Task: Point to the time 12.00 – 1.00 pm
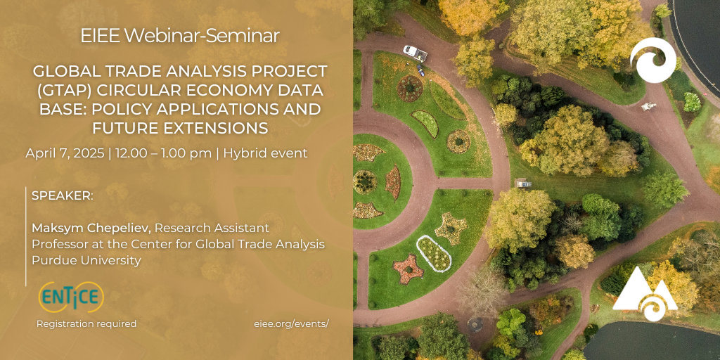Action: coord(163,153)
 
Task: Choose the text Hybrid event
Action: coord(265,153)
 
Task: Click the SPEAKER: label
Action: coord(63,196)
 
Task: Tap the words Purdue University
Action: coord(86,260)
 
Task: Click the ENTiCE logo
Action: coord(71,297)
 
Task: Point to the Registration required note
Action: coord(86,323)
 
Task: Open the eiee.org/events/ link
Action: coord(291,323)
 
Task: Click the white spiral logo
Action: coord(653,60)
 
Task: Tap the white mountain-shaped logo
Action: coord(645,294)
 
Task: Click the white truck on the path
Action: coord(415,53)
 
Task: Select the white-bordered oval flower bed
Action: coord(433,253)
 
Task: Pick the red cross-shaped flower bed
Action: coord(409,269)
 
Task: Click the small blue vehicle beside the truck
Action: coord(420,70)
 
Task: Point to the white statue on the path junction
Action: coord(649,107)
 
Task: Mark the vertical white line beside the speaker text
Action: coord(26,236)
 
